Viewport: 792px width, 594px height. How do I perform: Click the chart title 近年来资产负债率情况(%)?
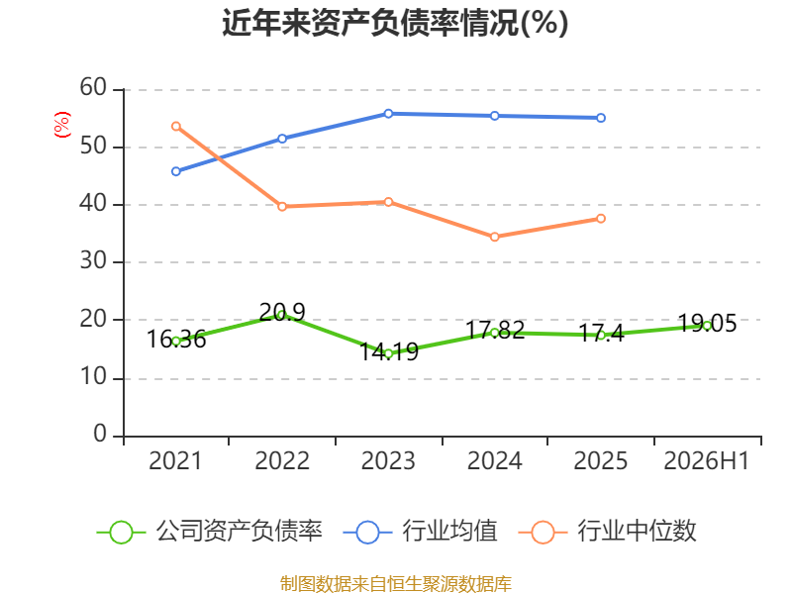tap(395, 23)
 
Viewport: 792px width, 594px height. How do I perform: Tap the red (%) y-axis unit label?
tap(62, 125)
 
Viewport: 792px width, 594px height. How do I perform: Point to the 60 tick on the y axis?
tap(93, 87)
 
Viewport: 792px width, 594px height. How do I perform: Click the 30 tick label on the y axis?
tap(93, 261)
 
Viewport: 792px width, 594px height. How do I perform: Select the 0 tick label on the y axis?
tap(100, 434)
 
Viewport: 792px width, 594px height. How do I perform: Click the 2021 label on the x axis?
tap(175, 460)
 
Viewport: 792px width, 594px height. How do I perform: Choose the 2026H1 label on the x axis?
tap(706, 460)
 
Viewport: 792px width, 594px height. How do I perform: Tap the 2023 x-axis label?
tap(388, 460)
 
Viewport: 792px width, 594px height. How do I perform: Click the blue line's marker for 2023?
tap(388, 114)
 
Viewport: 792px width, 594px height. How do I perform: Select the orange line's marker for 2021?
tap(176, 127)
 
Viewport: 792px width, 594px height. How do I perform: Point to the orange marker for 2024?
tap(494, 237)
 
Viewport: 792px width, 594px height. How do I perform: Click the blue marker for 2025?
tap(601, 118)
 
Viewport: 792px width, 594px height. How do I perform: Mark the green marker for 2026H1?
tap(707, 326)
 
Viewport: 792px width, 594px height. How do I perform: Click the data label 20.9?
tap(282, 312)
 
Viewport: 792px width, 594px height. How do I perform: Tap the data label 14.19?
tap(389, 351)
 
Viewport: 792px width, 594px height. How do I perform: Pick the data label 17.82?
tap(495, 330)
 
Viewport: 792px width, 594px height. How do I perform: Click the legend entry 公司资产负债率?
tap(209, 532)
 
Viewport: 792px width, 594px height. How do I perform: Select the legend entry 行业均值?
tap(420, 532)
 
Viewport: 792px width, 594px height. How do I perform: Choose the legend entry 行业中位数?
tap(607, 532)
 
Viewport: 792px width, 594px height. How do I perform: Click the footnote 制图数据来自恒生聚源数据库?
tap(396, 584)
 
